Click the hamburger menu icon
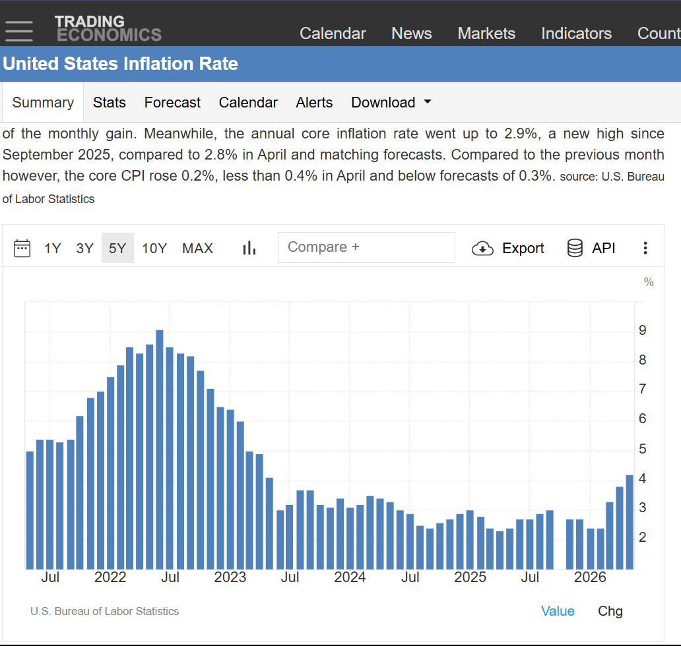(x=19, y=31)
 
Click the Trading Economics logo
(x=108, y=28)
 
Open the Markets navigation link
(x=486, y=34)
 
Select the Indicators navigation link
(x=576, y=34)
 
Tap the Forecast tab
(x=172, y=102)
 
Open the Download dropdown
(x=391, y=102)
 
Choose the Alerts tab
(x=314, y=102)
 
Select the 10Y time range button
(x=154, y=248)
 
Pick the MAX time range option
(x=197, y=248)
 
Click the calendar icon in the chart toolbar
(x=22, y=248)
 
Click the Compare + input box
(x=366, y=247)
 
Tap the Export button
(x=507, y=248)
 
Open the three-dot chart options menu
(x=645, y=248)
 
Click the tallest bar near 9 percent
(x=160, y=450)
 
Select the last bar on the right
(x=630, y=522)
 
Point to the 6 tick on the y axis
(x=642, y=419)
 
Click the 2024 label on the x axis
(x=350, y=577)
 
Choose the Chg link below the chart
(x=610, y=611)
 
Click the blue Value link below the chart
(x=558, y=611)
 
